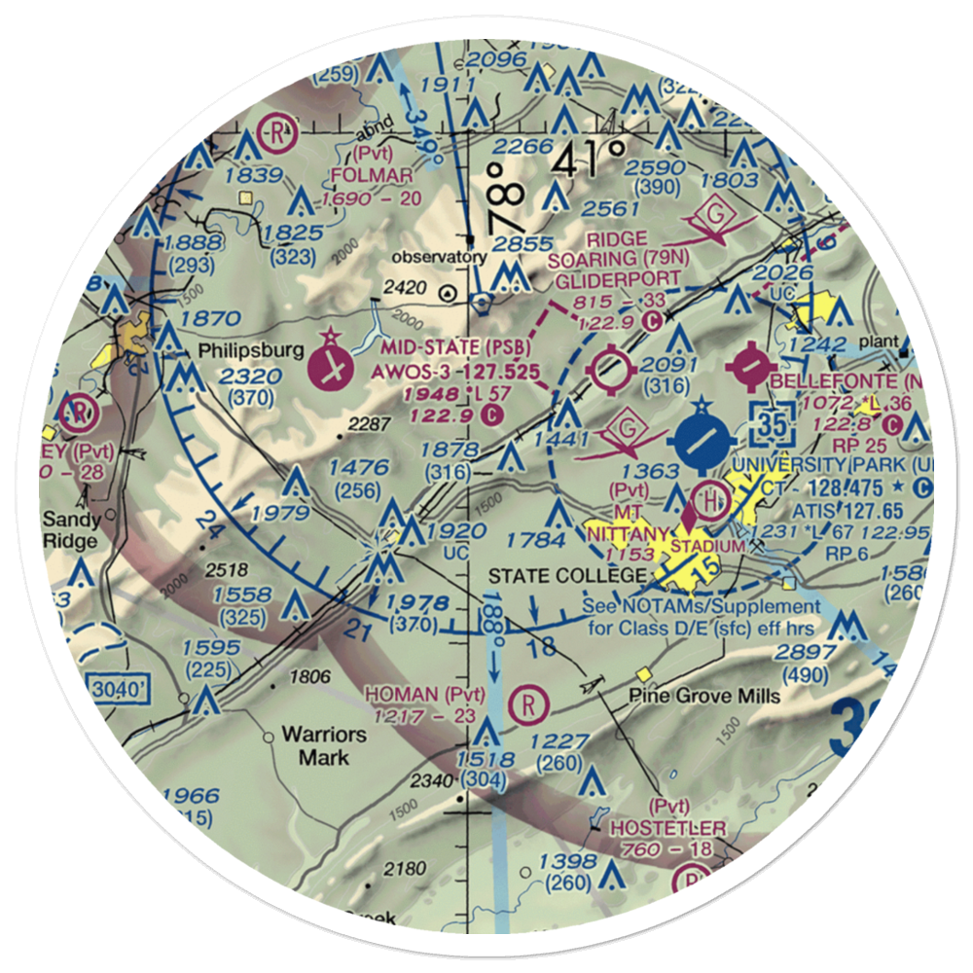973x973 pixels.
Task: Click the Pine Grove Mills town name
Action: tap(703, 697)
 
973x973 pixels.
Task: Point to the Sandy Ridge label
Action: tap(70, 530)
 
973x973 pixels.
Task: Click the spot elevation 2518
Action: tap(228, 569)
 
